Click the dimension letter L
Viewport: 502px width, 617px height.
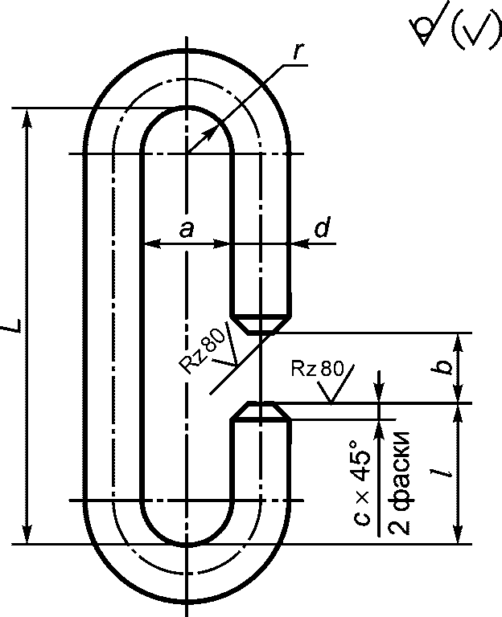click(12, 325)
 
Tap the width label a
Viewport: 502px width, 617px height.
click(187, 229)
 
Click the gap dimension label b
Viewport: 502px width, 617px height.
click(446, 366)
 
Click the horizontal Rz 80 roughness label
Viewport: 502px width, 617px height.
click(317, 369)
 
